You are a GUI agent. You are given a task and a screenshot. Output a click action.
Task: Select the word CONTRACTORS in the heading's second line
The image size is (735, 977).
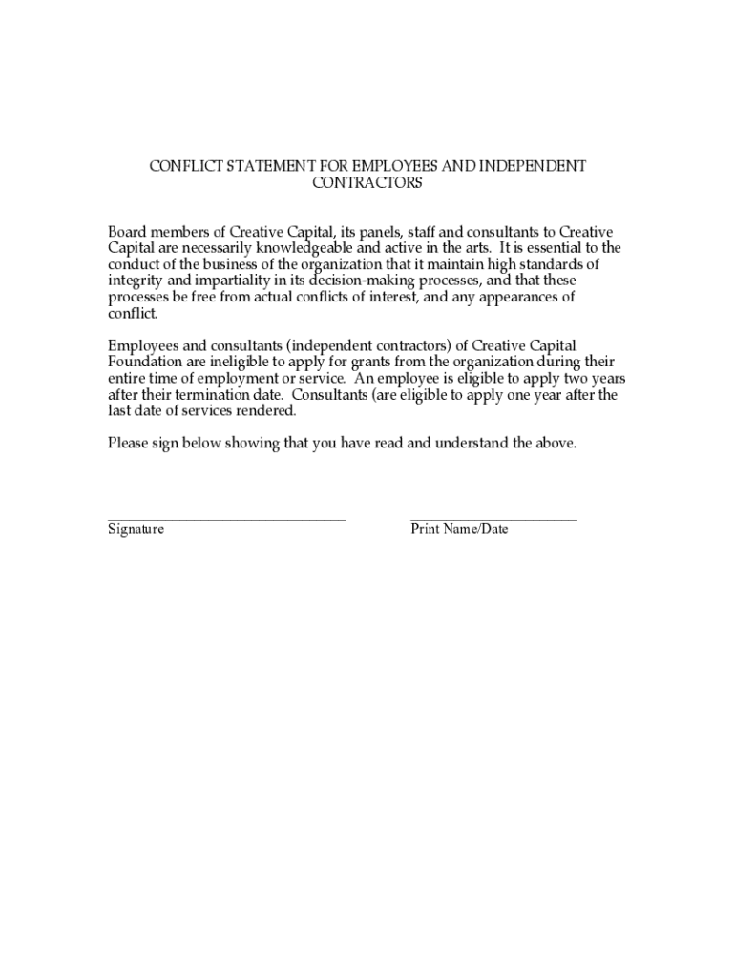point(367,183)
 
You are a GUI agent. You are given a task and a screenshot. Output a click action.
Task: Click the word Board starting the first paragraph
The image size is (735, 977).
point(128,232)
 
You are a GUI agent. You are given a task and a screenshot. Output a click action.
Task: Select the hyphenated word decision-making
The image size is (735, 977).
point(351,281)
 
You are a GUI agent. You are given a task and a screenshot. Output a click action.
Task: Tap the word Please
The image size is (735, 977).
point(128,444)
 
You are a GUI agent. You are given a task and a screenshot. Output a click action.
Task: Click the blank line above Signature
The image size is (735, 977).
point(226,519)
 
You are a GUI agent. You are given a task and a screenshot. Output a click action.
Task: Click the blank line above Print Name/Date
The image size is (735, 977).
point(493,519)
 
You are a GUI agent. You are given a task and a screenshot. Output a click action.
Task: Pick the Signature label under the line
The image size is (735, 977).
point(136,530)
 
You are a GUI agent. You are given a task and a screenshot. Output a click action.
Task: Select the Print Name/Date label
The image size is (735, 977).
point(459,530)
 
